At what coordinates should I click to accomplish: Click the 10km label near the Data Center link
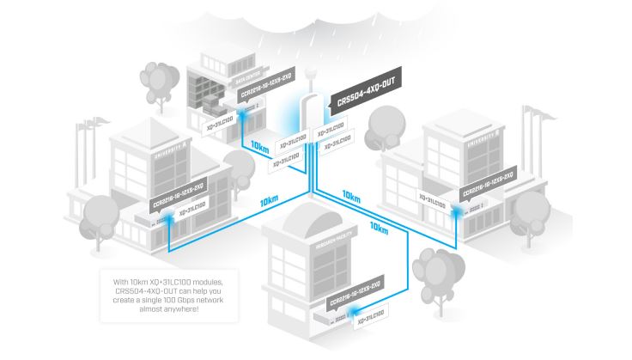(258, 148)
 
